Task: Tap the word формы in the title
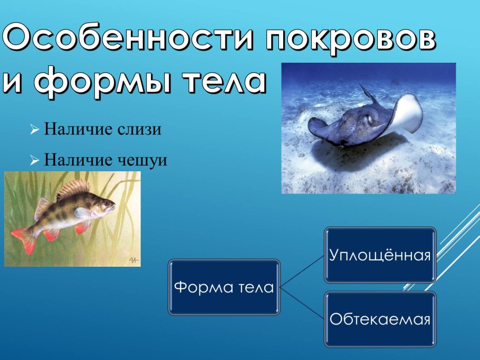click(105, 82)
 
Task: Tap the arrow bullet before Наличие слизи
click(35, 130)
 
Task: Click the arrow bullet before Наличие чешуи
click(35, 160)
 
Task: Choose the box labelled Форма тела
click(224, 287)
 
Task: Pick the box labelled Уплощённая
click(380, 255)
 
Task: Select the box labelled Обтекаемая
click(380, 319)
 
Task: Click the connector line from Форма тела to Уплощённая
click(302, 271)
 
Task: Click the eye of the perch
click(106, 202)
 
